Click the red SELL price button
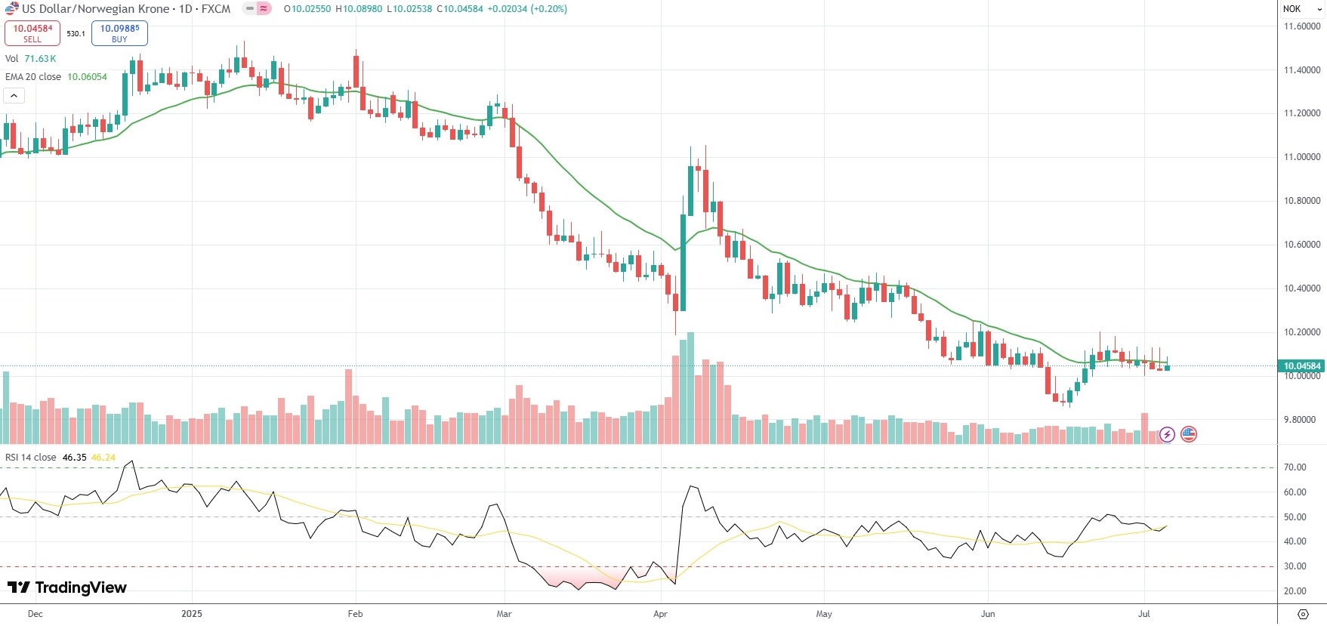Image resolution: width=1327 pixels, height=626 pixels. (32, 33)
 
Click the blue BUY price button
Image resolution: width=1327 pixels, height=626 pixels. (119, 33)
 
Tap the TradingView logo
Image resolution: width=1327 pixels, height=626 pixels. (67, 587)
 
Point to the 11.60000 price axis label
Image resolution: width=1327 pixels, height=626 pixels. (1302, 26)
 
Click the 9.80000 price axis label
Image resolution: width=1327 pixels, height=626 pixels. (1302, 420)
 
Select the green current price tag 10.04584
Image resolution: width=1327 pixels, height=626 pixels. (1301, 366)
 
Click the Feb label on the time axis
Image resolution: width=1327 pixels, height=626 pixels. (355, 614)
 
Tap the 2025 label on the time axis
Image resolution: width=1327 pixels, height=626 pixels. (192, 614)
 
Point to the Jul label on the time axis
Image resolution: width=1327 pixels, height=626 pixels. (1143, 614)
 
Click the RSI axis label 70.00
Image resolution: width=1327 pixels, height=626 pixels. (1295, 467)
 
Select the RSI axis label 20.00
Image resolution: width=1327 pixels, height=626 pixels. (1295, 591)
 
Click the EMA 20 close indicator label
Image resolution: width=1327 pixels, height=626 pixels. (34, 77)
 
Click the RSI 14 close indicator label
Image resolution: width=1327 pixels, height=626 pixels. (31, 458)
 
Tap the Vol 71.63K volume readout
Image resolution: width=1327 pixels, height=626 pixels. (31, 59)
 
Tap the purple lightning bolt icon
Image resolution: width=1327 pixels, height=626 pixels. (1167, 434)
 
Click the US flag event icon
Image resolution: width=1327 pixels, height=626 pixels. (1189, 434)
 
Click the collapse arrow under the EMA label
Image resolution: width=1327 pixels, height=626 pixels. (14, 96)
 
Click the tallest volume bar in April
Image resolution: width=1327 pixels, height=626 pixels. (690, 389)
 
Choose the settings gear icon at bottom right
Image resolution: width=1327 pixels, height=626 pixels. (1303, 614)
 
